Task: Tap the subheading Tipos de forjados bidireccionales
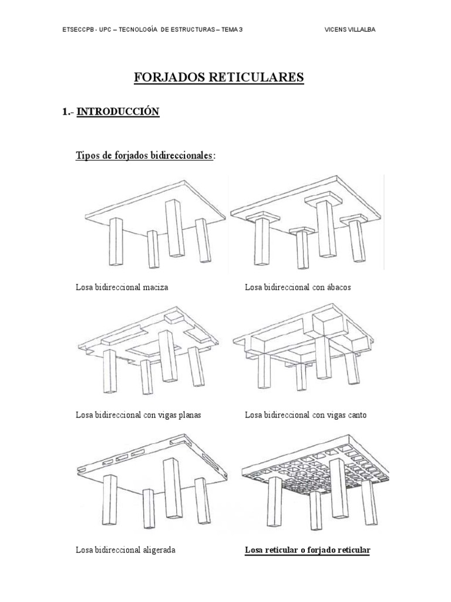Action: pyautogui.click(x=144, y=156)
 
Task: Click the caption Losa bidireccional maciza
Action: pyautogui.click(x=122, y=287)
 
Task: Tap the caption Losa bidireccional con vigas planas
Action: pyautogui.click(x=138, y=415)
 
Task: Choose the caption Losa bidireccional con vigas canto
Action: pyautogui.click(x=305, y=415)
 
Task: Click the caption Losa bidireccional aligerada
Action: pyautogui.click(x=126, y=550)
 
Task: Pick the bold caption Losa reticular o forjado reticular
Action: pyautogui.click(x=307, y=550)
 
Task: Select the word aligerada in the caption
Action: pyautogui.click(x=159, y=550)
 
